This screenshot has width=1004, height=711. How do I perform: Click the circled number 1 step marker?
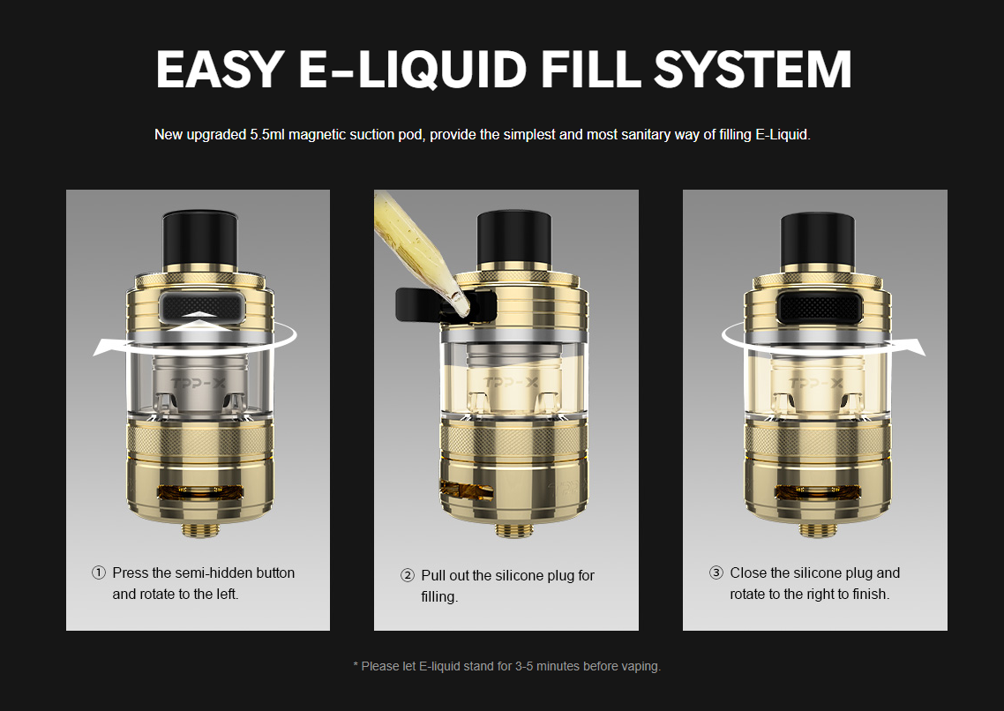pos(99,573)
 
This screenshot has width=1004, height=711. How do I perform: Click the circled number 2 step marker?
pos(408,576)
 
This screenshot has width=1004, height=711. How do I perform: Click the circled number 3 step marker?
pos(716,573)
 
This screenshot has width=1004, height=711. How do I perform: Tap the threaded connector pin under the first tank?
pos(198,529)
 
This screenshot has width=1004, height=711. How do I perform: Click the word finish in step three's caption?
pos(866,594)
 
